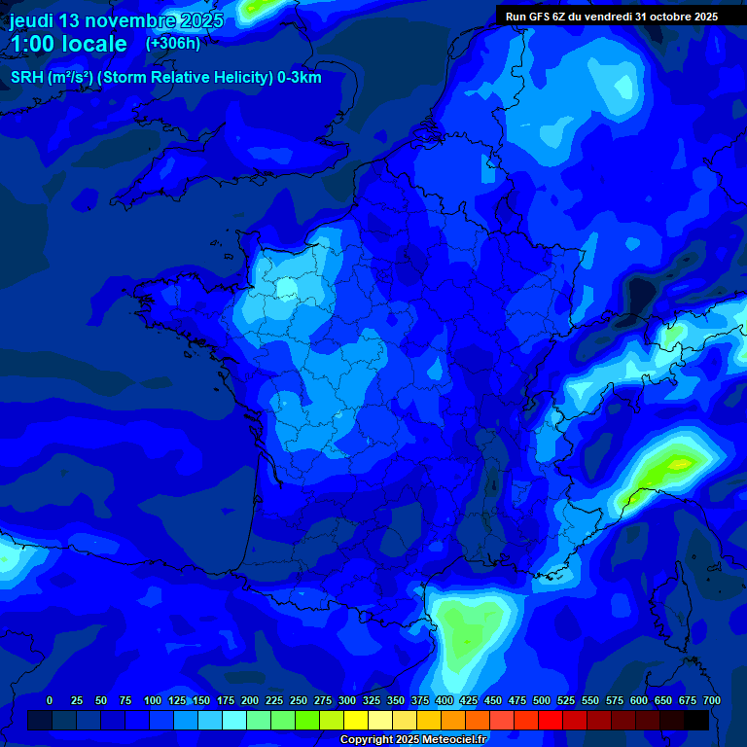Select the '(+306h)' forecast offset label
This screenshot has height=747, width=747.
click(173, 44)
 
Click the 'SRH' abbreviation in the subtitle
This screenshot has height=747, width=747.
click(27, 78)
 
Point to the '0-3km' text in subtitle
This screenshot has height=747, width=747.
click(299, 78)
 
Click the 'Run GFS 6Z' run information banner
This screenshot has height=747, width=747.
click(611, 16)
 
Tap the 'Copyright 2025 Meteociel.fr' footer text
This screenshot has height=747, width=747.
click(412, 739)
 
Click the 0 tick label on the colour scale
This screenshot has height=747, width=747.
click(50, 700)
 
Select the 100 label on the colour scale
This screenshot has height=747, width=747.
click(153, 700)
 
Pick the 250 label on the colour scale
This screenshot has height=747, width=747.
click(299, 700)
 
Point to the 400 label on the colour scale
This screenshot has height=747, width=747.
click(445, 700)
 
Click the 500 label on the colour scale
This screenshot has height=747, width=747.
click(542, 700)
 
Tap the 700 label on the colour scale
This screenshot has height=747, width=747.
click(711, 700)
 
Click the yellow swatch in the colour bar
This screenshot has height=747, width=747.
click(356, 720)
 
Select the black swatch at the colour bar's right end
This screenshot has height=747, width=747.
click(696, 720)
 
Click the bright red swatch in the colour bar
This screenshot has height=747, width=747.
click(551, 720)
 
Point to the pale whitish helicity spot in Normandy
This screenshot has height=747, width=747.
click(286, 288)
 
